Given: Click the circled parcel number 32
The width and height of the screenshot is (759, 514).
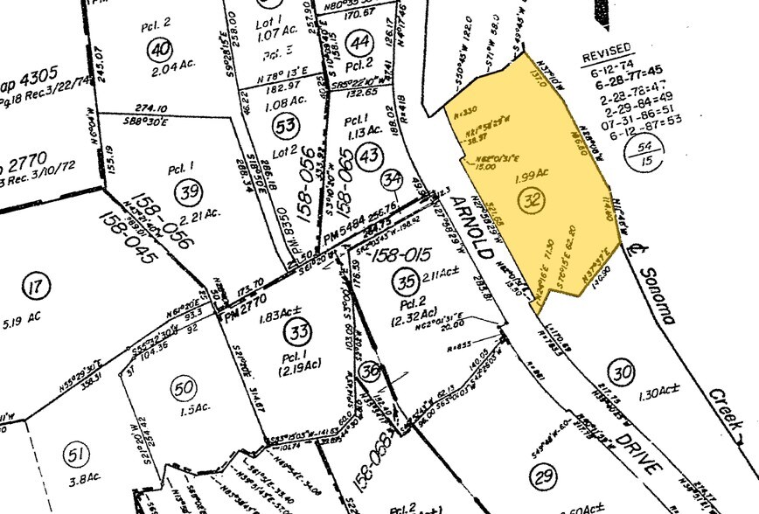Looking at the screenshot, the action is point(529,201).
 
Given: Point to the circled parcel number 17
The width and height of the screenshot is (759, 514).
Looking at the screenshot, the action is point(34,286).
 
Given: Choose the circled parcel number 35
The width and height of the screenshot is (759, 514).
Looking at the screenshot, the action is point(404,281).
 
